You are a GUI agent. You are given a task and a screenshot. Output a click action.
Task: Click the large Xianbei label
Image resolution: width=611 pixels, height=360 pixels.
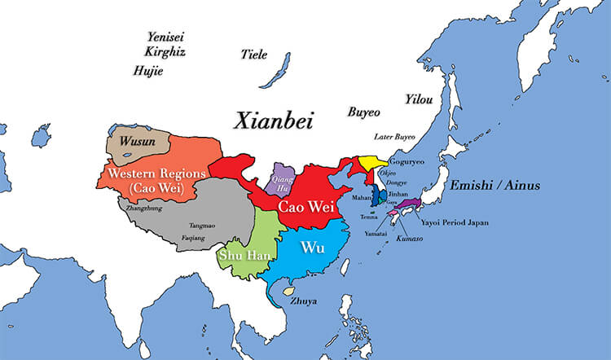click(x=274, y=121)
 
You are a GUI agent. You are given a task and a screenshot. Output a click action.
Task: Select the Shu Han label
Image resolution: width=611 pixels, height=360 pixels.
click(x=239, y=256)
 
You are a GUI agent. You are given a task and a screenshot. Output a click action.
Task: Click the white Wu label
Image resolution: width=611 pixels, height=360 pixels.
click(x=312, y=247)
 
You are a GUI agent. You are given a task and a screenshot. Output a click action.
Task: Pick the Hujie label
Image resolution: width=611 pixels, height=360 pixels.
click(x=147, y=71)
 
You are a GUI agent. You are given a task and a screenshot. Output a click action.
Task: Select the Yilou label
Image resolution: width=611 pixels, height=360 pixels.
click(x=419, y=99)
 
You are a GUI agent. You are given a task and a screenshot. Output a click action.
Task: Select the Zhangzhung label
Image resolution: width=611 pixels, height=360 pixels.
click(x=136, y=209)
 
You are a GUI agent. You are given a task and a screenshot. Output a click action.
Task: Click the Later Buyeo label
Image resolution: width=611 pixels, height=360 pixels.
click(x=394, y=137)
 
